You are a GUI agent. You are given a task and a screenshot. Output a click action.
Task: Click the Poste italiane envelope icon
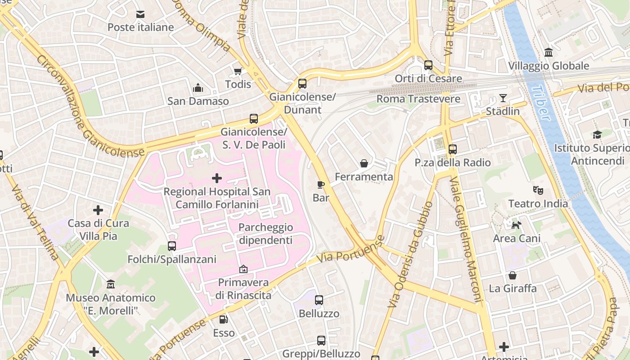[140, 14]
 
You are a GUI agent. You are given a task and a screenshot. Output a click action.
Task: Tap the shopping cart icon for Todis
[238, 71]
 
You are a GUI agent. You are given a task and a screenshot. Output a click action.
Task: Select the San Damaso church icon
[198, 88]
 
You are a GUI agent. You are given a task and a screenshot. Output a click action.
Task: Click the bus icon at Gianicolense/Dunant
[302, 83]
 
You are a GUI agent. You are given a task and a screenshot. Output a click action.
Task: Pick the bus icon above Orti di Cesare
[428, 65]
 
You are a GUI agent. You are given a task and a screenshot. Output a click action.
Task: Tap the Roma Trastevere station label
[418, 99]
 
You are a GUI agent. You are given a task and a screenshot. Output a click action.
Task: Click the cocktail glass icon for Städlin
[503, 98]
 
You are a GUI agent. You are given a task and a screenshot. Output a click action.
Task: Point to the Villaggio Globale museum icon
[549, 53]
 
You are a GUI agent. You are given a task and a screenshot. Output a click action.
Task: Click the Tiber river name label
[542, 104]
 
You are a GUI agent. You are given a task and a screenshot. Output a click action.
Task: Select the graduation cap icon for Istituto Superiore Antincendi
[597, 135]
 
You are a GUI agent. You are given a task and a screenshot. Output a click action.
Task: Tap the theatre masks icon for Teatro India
[538, 190]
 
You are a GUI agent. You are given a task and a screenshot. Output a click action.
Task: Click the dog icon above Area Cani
[517, 225]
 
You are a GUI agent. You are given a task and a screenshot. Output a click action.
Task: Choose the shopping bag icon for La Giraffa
[513, 275]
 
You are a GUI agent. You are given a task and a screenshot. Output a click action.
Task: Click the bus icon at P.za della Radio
[453, 149]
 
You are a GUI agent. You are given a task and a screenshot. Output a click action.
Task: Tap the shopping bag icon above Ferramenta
[364, 163]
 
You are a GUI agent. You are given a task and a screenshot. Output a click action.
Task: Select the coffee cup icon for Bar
[321, 184]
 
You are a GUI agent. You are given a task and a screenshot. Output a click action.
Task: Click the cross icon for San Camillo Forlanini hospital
[217, 178]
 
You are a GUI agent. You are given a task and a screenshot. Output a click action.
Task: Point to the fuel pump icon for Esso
[224, 319]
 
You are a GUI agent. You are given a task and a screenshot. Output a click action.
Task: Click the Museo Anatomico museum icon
[111, 284]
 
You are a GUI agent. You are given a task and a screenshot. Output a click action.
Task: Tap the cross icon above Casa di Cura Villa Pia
[98, 210]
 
